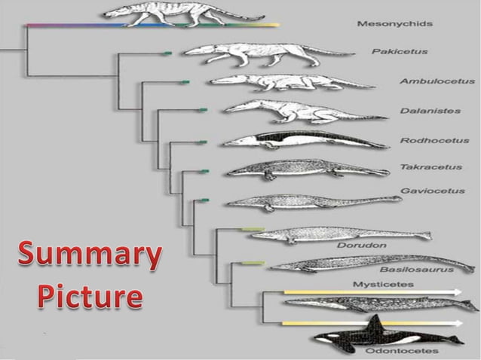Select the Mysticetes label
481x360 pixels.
pyautogui.click(x=377, y=284)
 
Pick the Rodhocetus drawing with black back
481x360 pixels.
pyautogui.click(x=302, y=140)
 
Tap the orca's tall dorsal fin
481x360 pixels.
pyautogui.click(x=373, y=324)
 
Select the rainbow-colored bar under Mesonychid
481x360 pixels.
pyautogui.click(x=151, y=25)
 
